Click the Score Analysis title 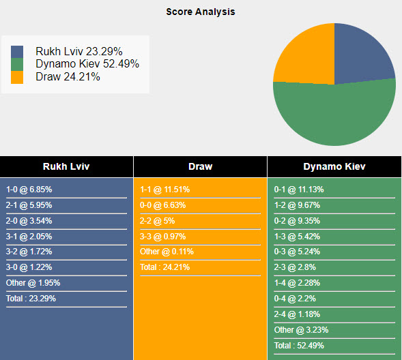click(x=201, y=12)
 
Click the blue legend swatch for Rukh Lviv click(x=17, y=51)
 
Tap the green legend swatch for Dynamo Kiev click(x=17, y=64)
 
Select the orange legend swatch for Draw click(x=17, y=77)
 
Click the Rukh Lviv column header click(x=66, y=166)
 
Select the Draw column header click(x=200, y=166)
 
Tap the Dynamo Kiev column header click(x=334, y=166)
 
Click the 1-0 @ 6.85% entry click(x=29, y=190)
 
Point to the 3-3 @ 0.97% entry click(x=162, y=236)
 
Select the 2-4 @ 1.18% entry click(x=296, y=314)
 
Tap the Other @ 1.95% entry click(x=33, y=283)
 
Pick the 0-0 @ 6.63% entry click(x=162, y=205)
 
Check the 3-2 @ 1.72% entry click(x=29, y=252)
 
